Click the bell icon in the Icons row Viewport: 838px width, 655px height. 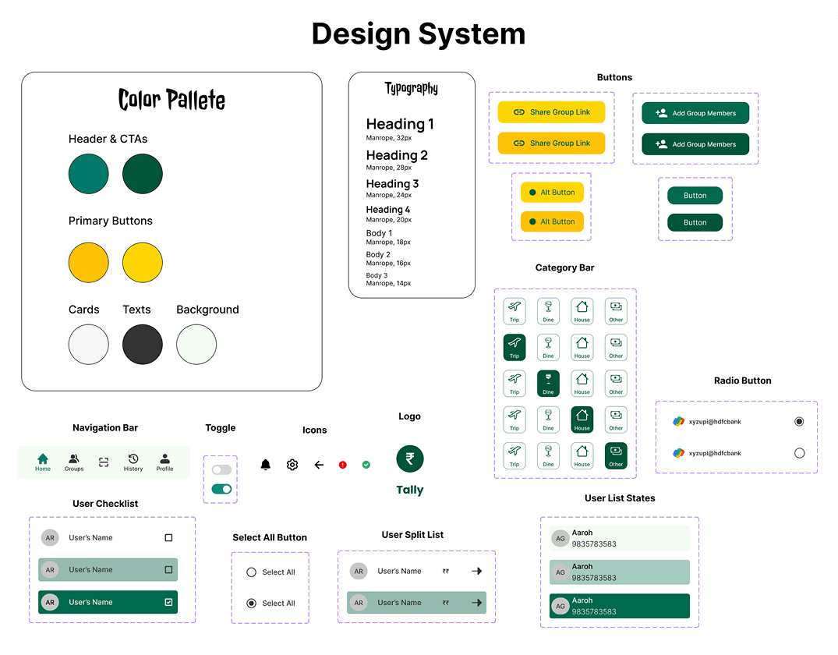click(x=265, y=465)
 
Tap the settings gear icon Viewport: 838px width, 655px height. click(x=292, y=465)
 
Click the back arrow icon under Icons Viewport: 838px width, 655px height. click(x=319, y=465)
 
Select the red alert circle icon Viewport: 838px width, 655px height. click(x=342, y=465)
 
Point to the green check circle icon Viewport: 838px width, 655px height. click(x=366, y=465)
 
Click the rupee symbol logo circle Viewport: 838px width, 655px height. click(x=410, y=458)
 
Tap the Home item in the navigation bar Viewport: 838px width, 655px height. click(x=43, y=462)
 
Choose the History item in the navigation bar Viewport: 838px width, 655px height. click(x=133, y=462)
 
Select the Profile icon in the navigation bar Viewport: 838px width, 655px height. click(x=164, y=462)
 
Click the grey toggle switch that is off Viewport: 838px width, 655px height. click(x=221, y=469)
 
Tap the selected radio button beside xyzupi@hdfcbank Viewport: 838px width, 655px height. click(x=799, y=421)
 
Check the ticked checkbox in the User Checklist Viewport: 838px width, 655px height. click(x=168, y=602)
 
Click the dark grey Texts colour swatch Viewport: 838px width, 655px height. click(x=143, y=344)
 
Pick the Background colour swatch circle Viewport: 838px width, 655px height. click(x=196, y=344)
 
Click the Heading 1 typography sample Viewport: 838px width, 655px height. click(x=400, y=124)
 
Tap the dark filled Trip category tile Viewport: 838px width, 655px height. click(x=514, y=347)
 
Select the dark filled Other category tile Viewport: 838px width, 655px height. click(x=616, y=455)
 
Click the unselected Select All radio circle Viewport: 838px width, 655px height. click(x=251, y=572)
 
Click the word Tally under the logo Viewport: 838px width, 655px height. click(x=410, y=490)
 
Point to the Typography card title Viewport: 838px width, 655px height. click(x=412, y=89)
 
